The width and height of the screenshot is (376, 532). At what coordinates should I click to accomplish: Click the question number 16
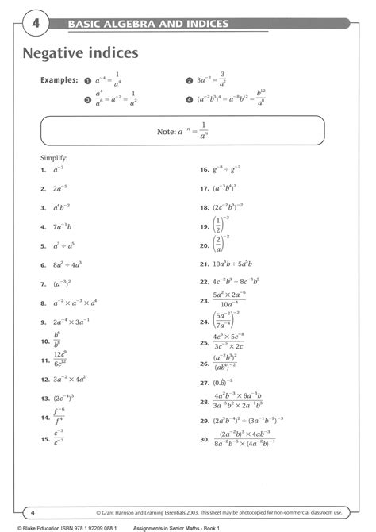point(204,170)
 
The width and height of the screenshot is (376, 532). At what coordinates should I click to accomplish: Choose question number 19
point(204,226)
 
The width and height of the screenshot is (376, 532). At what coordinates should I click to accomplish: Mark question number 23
point(204,300)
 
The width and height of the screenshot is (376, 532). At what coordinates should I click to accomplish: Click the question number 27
point(204,381)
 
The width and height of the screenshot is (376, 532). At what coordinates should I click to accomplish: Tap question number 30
point(204,438)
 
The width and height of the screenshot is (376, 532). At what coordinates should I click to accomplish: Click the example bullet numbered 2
point(189,80)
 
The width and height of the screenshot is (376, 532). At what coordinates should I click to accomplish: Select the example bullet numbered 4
point(189,99)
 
